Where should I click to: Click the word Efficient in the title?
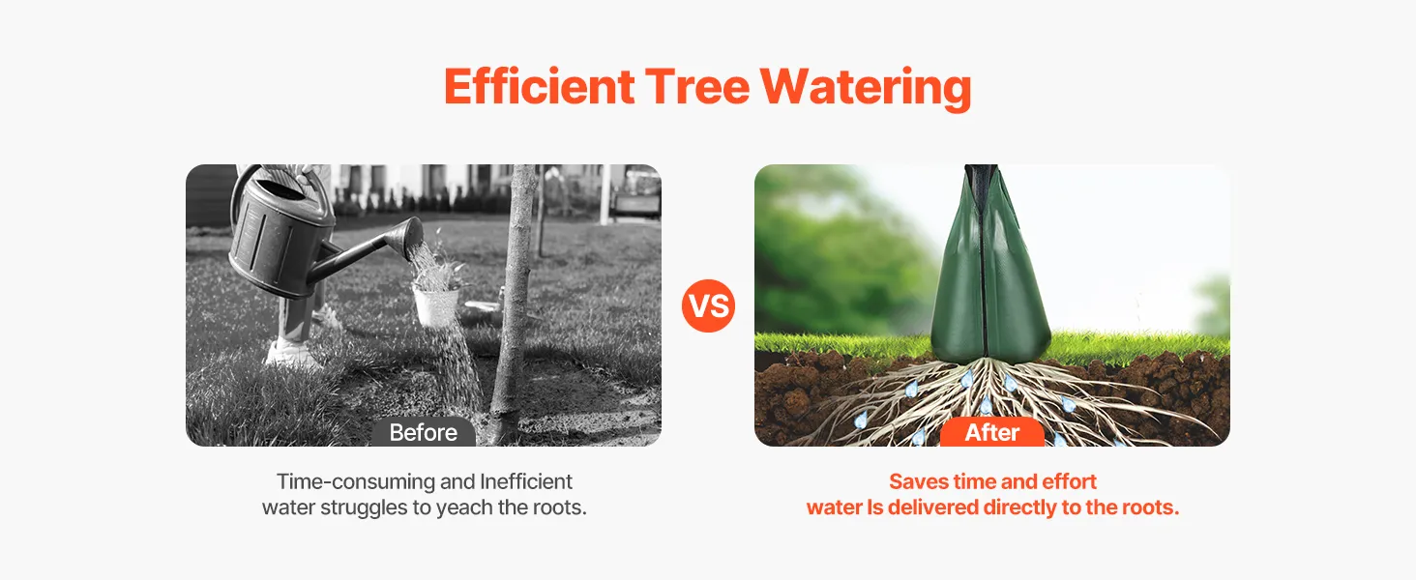539,87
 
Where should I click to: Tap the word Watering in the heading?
866,89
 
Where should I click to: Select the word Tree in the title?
697,87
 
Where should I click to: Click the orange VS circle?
708,305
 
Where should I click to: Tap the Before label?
423,432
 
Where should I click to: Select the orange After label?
991,432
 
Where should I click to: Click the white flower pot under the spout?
435,306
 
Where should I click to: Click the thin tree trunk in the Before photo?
516,304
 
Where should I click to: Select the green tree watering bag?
989,266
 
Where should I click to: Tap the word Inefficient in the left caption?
526,481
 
